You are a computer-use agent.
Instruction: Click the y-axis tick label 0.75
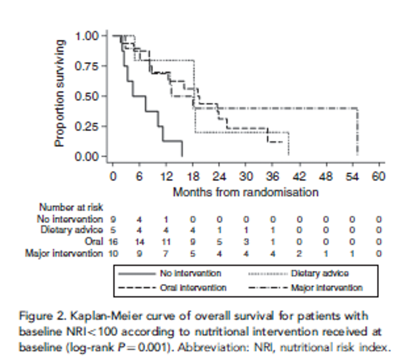click(87, 66)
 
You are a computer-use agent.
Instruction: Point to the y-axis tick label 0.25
click(87, 126)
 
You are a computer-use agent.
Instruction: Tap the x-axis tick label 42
click(299, 177)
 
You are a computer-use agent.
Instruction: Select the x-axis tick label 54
click(353, 177)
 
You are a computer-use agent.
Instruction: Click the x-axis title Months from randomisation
click(246, 192)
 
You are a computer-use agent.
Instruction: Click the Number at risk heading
click(71, 208)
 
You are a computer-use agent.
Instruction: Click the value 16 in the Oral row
click(113, 242)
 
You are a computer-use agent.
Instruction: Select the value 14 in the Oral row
click(140, 242)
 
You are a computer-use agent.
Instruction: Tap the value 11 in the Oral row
click(166, 242)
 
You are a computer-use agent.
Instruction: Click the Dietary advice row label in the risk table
click(72, 230)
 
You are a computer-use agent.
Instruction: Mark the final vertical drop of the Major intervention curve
click(358, 133)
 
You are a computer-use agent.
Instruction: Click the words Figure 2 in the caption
click(37, 317)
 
